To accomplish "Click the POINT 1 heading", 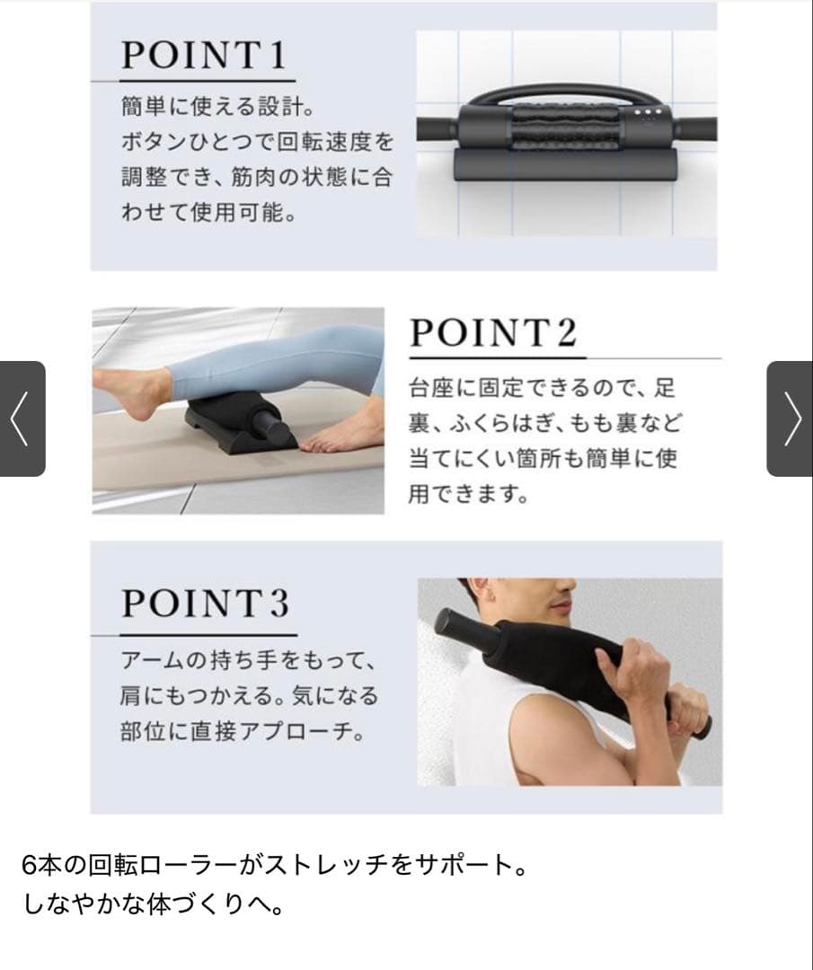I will pos(204,57).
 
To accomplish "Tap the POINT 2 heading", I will pos(492,333).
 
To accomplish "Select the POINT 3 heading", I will pos(206,604).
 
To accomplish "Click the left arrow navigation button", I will pos(22,419).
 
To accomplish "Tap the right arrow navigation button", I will pos(791,419).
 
